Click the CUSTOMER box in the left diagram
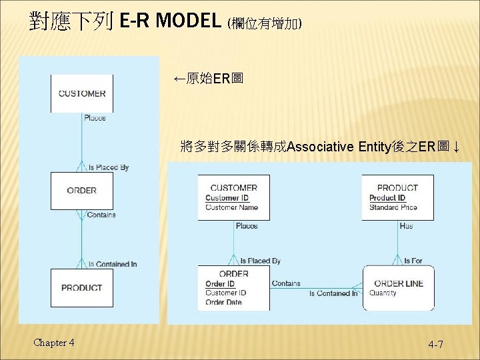(x=82, y=93)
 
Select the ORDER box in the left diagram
(x=82, y=191)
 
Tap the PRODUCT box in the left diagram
(x=82, y=288)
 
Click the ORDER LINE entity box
(x=398, y=287)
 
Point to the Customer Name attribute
(x=231, y=207)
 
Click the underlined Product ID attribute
(x=387, y=198)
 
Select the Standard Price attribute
(x=393, y=207)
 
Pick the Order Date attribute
(x=223, y=302)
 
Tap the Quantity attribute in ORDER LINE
(x=383, y=293)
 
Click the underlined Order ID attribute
(x=220, y=284)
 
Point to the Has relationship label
(x=406, y=226)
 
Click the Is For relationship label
(x=413, y=261)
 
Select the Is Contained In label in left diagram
(x=113, y=264)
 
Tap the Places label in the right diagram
(x=247, y=226)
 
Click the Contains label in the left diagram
(x=101, y=215)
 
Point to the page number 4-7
(x=436, y=344)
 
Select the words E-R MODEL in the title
(x=169, y=21)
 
